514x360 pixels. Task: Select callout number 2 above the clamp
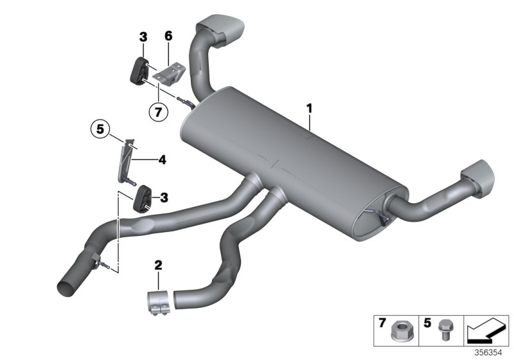click(x=159, y=264)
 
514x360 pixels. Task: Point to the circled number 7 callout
click(x=158, y=111)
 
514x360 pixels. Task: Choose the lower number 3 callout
click(x=163, y=197)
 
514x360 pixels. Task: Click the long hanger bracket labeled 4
click(x=125, y=164)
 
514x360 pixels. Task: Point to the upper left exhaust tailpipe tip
click(x=222, y=30)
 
